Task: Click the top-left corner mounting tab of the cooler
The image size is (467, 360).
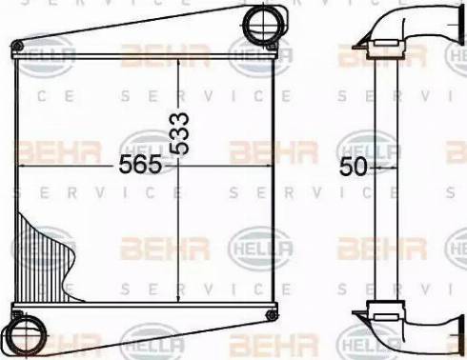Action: click(x=16, y=45)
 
